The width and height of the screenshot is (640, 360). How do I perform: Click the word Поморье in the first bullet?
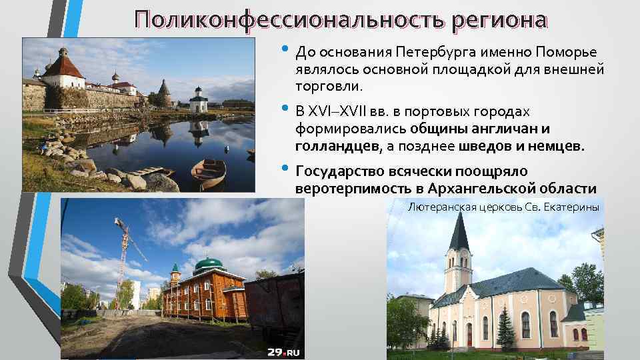(567, 52)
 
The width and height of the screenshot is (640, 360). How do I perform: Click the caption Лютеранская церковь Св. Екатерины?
(503, 207)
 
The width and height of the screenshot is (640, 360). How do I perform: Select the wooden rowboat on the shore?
(208, 172)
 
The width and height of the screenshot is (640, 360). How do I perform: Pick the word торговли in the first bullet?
(329, 86)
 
